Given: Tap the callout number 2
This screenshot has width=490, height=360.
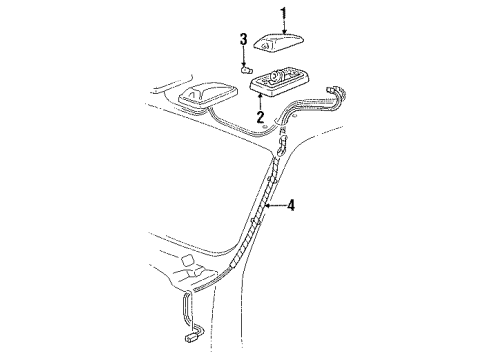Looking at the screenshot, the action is click(x=259, y=117).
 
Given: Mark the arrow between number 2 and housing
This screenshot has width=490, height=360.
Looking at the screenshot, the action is click(x=259, y=101).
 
